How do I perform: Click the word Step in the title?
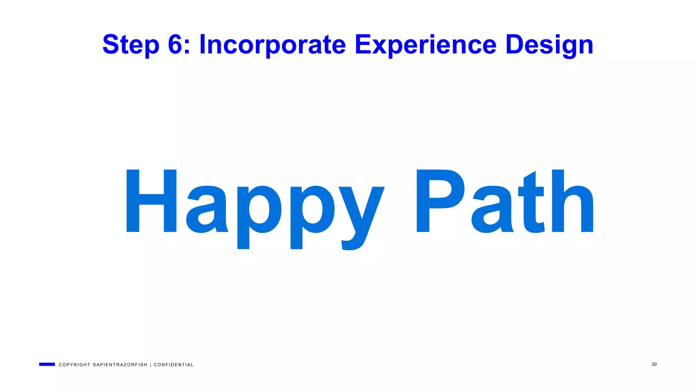click(131, 45)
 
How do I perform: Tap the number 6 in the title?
click(175, 44)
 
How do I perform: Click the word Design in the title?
click(549, 45)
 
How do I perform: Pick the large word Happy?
click(255, 204)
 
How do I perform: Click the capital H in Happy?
click(152, 201)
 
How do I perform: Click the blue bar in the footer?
click(47, 364)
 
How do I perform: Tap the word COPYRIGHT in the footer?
click(74, 365)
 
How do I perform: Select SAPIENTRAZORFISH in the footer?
click(120, 365)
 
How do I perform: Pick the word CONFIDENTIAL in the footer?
click(173, 365)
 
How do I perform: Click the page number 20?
click(654, 364)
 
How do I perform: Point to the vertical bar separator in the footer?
click(151, 365)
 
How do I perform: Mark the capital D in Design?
click(515, 44)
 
